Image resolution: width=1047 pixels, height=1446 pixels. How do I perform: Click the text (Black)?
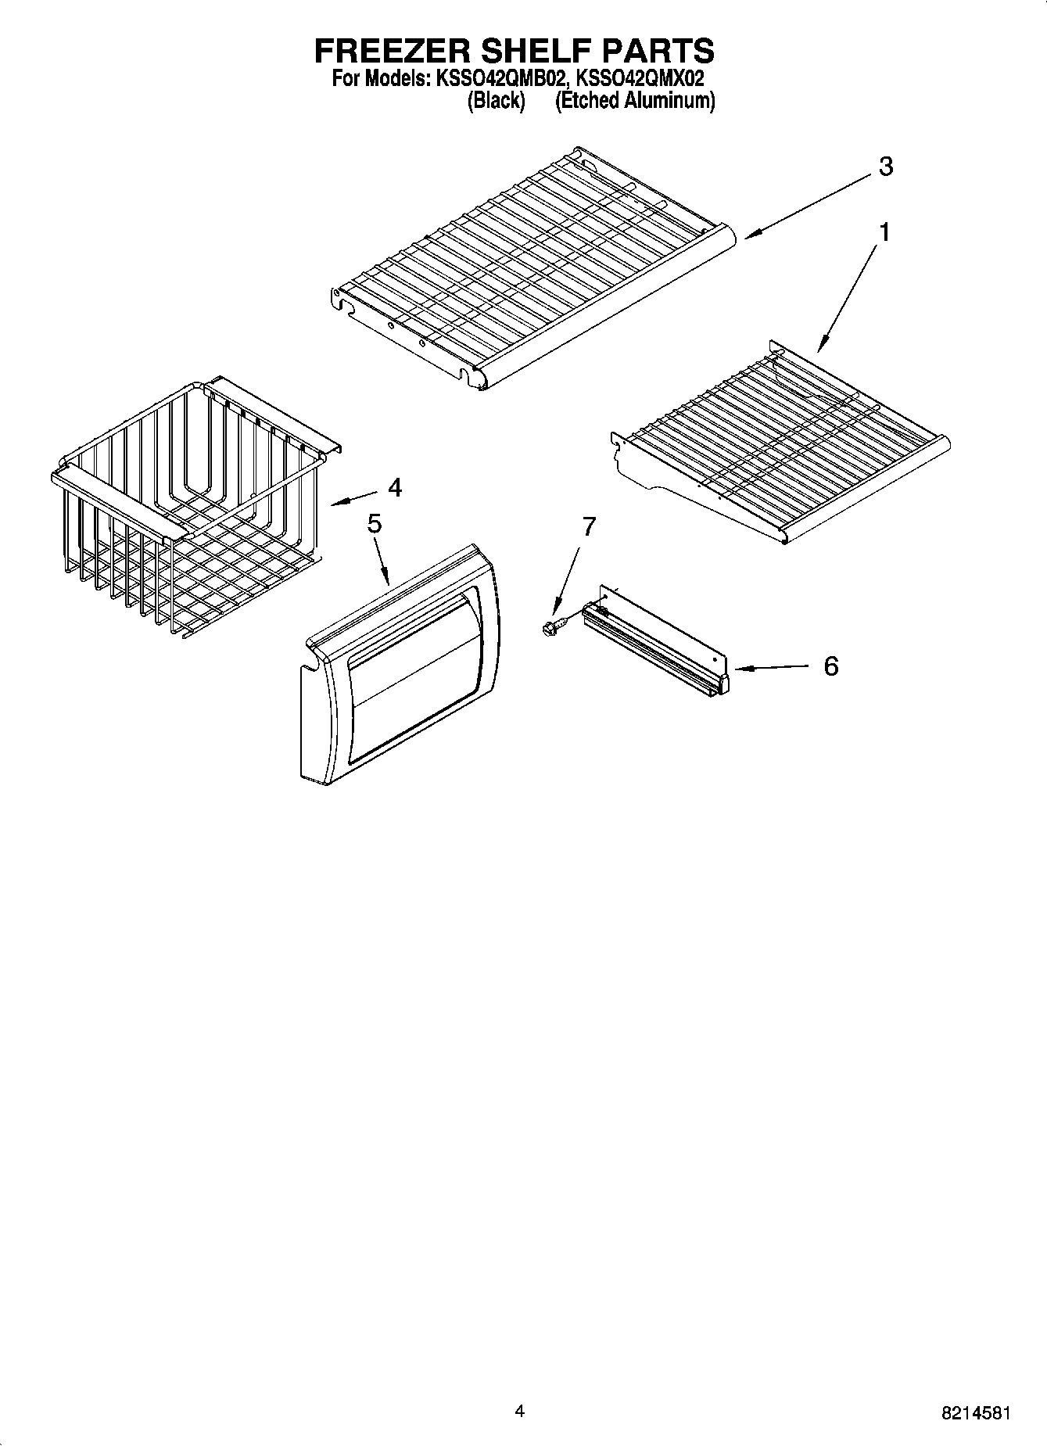coord(496,101)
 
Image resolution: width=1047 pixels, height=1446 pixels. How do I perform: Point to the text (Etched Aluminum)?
coord(634,101)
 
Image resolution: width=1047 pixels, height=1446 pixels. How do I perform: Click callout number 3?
coord(885,167)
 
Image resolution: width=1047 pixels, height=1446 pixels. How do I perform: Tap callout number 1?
coord(884,232)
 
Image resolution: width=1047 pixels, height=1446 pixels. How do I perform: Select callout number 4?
coord(395,488)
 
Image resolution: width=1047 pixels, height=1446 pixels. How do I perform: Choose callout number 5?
coord(375,524)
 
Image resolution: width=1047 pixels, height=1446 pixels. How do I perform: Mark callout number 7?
coord(588,526)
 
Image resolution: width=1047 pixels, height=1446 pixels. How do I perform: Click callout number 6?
coord(830,666)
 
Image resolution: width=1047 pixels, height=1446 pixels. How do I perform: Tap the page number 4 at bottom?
coord(519,1411)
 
